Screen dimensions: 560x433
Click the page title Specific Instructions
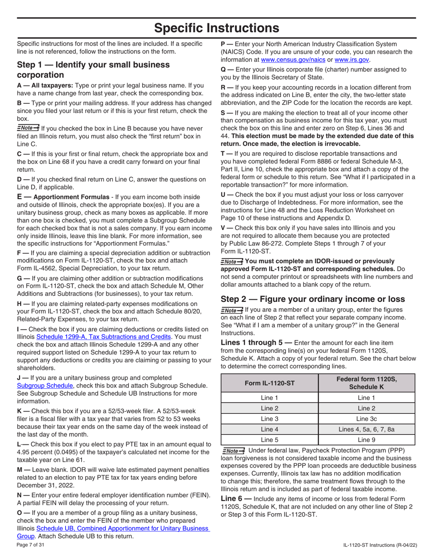tap(216, 28)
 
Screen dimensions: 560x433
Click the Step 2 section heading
tap(313, 299)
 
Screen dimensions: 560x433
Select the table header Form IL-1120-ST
tap(269, 383)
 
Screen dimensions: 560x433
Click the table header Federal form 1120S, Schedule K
tap(366, 383)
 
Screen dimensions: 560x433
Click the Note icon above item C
tap(28, 128)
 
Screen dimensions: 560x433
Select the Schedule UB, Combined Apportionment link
tap(122, 528)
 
